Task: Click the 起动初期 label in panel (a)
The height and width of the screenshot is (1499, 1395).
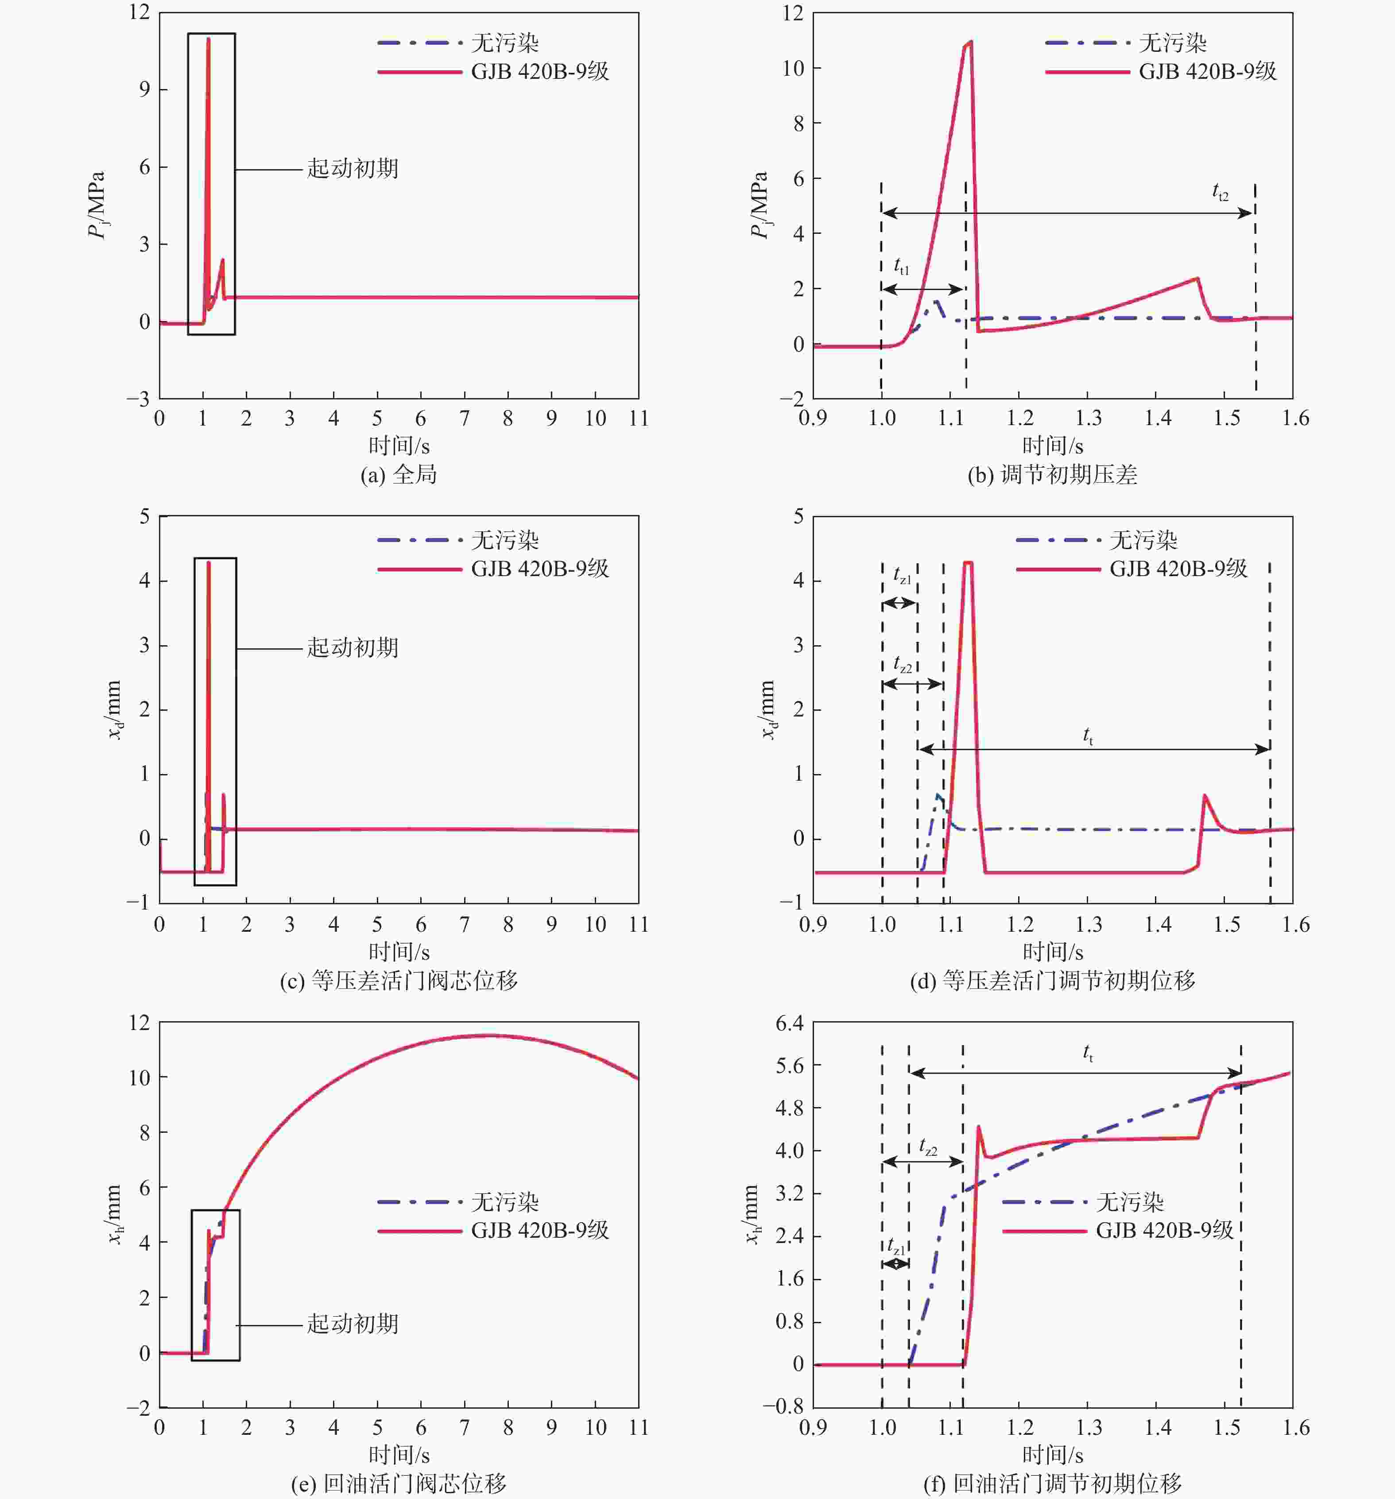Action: [x=352, y=168]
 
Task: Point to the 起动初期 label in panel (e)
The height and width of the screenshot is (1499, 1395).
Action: [x=352, y=1323]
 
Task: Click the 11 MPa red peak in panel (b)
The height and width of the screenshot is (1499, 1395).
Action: [x=969, y=43]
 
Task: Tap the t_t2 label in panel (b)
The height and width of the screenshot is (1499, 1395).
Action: [x=1219, y=193]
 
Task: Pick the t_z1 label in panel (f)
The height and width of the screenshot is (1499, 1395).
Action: [x=896, y=1247]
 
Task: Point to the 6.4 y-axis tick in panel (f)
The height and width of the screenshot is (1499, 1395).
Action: [x=790, y=1023]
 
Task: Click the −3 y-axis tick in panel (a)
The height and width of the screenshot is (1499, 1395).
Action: [x=138, y=399]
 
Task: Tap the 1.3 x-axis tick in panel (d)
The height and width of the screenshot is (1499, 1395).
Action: [x=1088, y=925]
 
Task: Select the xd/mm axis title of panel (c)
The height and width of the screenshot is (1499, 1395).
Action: [x=113, y=709]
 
